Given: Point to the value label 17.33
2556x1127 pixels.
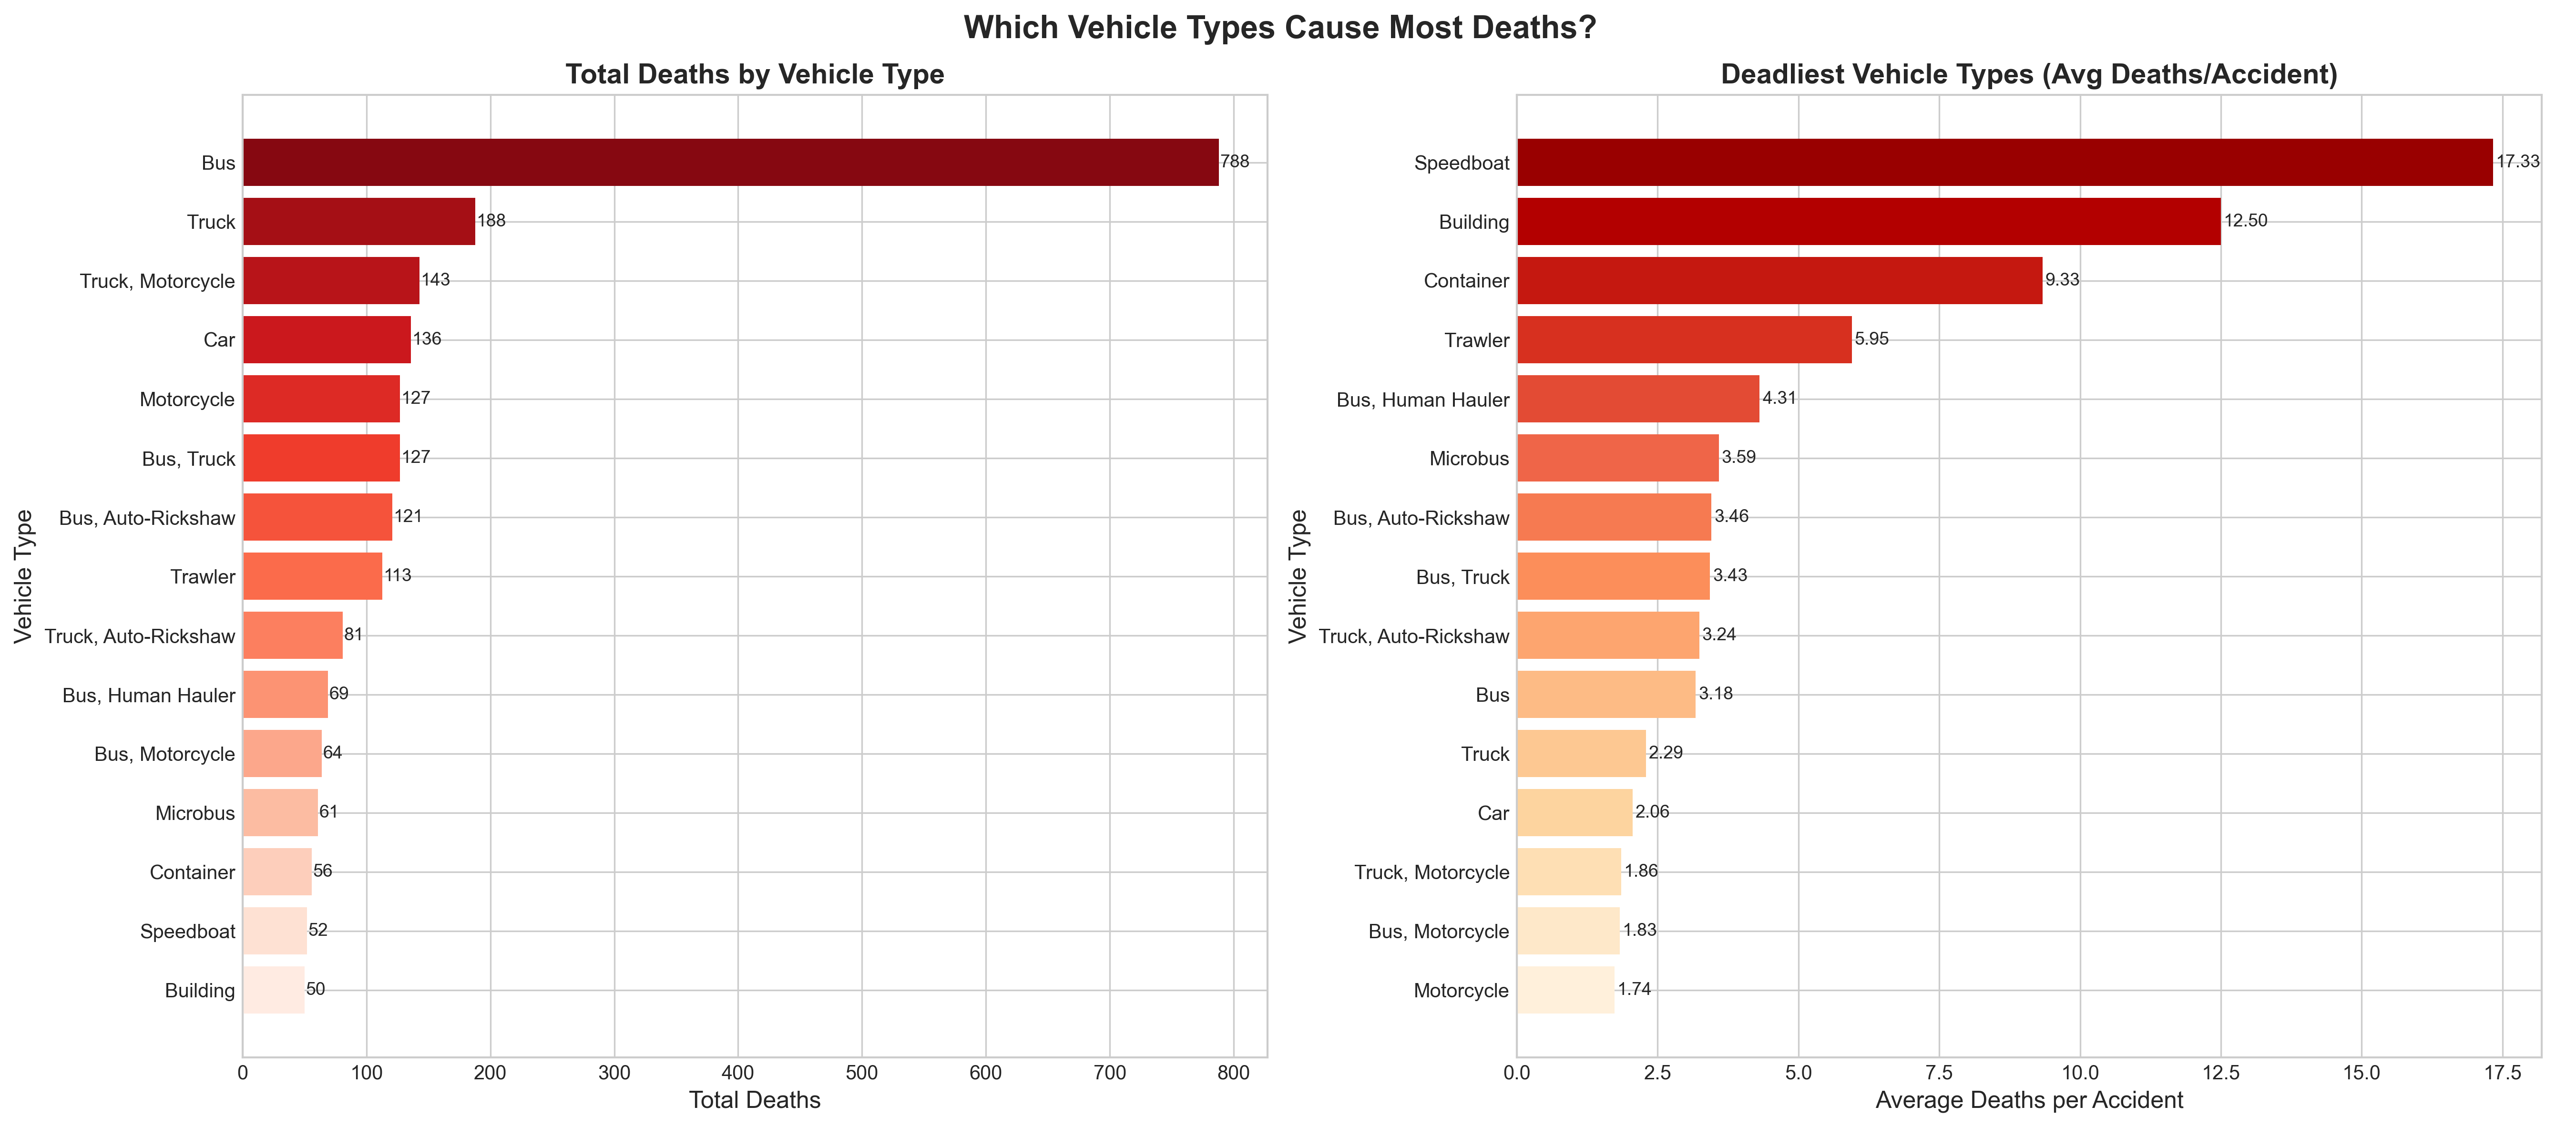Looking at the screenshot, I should (x=2517, y=162).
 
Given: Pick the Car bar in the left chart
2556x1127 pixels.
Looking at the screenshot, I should (x=327, y=339).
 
